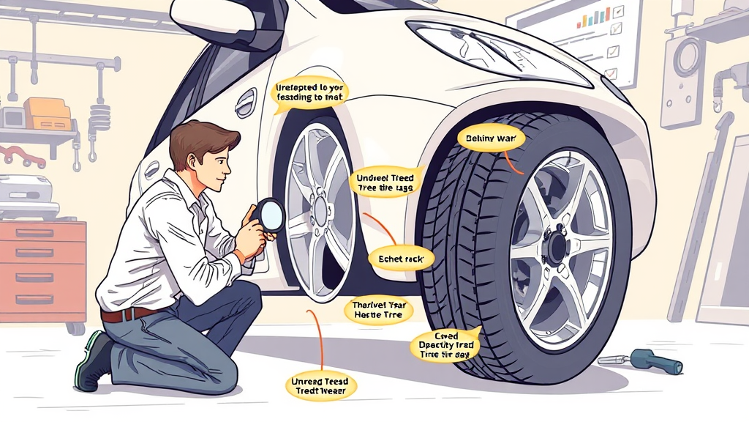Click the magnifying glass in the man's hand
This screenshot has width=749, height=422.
[271, 215]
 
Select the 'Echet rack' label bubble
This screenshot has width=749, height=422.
[402, 259]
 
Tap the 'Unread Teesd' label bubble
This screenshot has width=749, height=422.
[320, 387]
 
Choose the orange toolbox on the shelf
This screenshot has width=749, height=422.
[47, 114]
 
